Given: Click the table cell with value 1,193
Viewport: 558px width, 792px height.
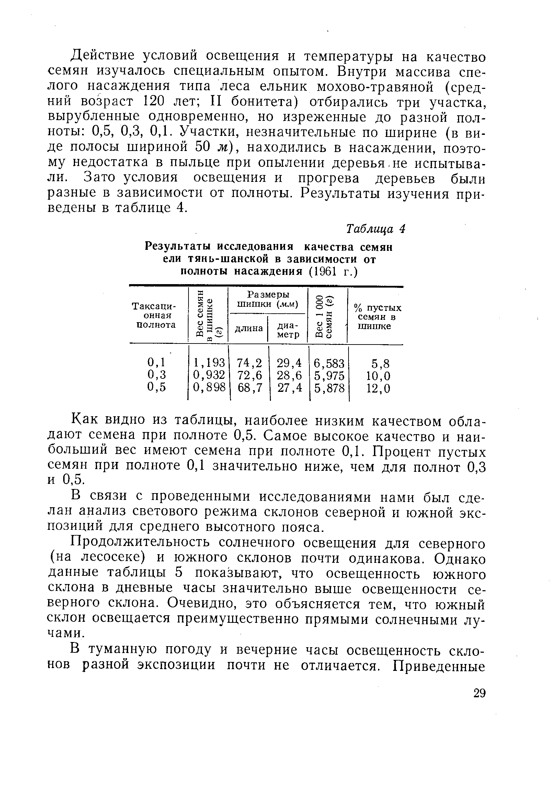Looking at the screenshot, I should click(209, 363).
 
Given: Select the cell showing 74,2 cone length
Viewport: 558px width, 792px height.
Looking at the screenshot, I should click(249, 363).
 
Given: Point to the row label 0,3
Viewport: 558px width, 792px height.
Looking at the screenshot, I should click(157, 375).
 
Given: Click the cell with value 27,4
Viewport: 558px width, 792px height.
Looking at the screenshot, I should click(289, 388).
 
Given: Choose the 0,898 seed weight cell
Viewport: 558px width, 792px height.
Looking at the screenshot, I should click(209, 388).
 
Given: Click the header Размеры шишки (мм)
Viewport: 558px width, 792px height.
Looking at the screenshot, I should click(268, 300).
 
